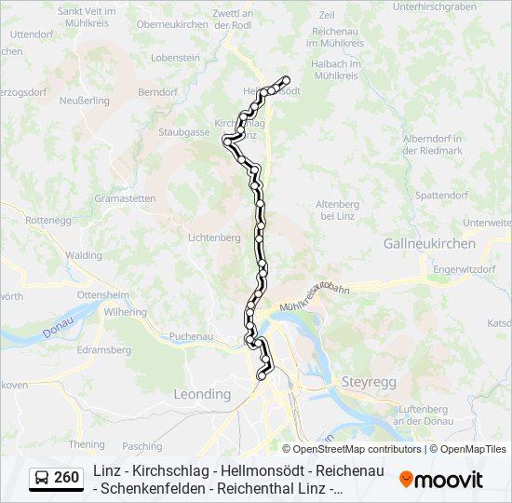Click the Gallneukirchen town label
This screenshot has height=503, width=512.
pyautogui.click(x=429, y=243)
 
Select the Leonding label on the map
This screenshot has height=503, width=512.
pyautogui.click(x=202, y=394)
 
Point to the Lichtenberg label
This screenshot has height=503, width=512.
pyautogui.click(x=214, y=238)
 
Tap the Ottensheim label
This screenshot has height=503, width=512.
pyautogui.click(x=103, y=293)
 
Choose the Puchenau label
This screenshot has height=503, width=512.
pyautogui.click(x=193, y=336)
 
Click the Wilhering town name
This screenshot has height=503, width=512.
pyautogui.click(x=126, y=312)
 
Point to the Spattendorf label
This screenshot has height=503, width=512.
pyautogui.click(x=441, y=196)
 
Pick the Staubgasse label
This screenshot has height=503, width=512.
pyautogui.click(x=183, y=133)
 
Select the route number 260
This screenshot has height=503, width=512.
pyautogui.click(x=66, y=479)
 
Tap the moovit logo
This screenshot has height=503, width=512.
pyautogui.click(x=441, y=480)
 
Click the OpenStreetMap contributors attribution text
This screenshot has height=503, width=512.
pyautogui.click(x=352, y=449)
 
